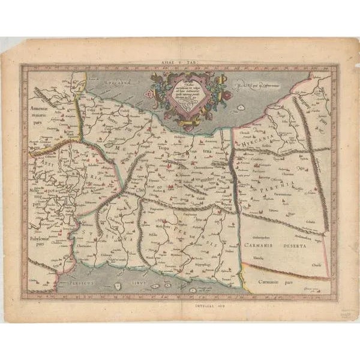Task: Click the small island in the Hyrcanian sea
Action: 238,107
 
